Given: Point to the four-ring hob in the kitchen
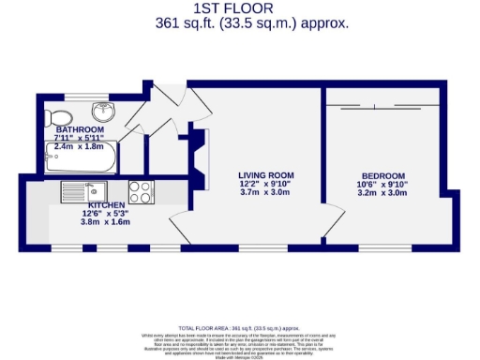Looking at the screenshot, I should tap(141, 191).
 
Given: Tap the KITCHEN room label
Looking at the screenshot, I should tap(106, 204).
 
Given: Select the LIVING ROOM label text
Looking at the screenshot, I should tap(265, 175).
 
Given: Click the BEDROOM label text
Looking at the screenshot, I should tap(383, 176).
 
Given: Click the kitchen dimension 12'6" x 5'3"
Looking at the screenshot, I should tap(106, 214).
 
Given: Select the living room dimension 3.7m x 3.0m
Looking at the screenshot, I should tap(265, 193).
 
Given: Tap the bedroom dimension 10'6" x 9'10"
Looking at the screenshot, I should tap(383, 186).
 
